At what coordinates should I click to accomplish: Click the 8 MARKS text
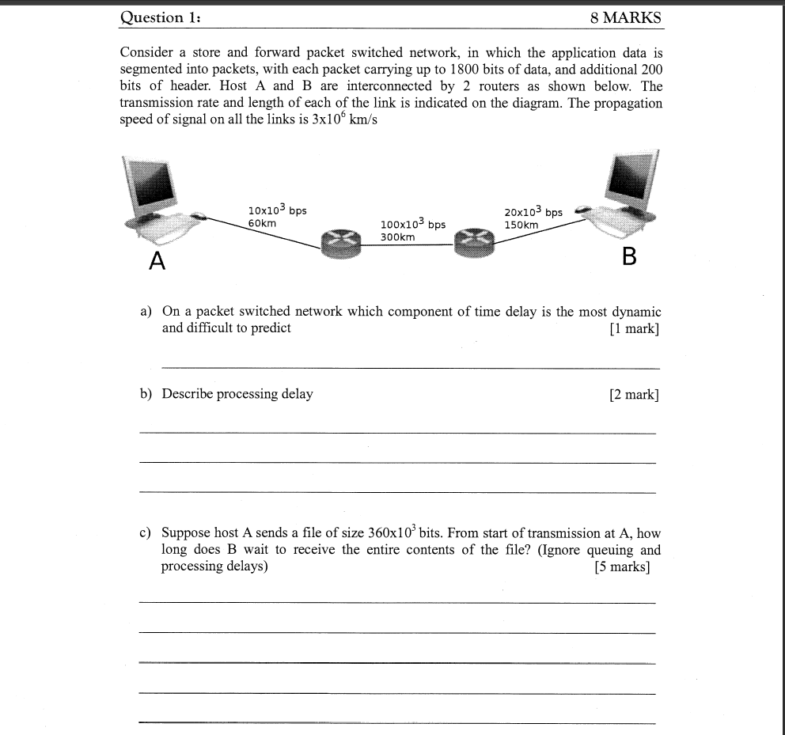[625, 17]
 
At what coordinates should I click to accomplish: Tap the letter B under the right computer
[630, 257]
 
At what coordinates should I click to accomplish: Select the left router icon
[340, 242]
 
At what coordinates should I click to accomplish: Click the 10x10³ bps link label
[277, 210]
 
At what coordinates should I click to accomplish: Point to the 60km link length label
[262, 224]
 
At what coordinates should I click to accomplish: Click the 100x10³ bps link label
[412, 225]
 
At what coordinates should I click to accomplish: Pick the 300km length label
[397, 237]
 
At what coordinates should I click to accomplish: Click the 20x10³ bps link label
[533, 212]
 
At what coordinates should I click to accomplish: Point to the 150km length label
[521, 225]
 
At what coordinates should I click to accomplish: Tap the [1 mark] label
[633, 328]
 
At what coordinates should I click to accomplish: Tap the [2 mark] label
[633, 394]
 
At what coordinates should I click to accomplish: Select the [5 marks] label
[621, 566]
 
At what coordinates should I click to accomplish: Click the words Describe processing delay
[237, 394]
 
